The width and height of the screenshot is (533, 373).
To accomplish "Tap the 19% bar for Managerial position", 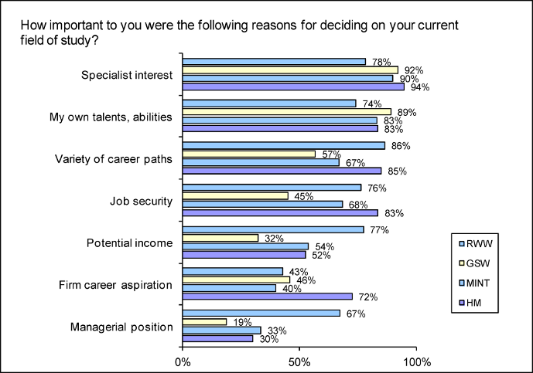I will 204,322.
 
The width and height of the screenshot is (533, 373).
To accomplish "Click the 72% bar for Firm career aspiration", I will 267,297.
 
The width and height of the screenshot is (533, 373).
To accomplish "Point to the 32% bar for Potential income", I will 220,238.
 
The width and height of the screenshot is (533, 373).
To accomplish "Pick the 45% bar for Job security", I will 235,196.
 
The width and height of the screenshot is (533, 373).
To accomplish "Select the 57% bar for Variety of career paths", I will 249,154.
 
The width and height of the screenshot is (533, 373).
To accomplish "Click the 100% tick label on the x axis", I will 418,361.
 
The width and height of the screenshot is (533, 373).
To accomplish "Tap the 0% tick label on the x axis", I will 183,361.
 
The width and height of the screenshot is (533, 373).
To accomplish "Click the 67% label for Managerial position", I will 353,314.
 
